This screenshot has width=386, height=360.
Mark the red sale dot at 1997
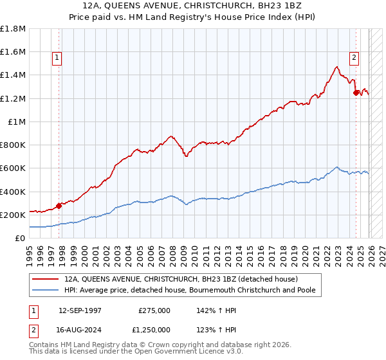(x=59, y=206)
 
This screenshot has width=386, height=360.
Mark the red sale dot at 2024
(x=356, y=93)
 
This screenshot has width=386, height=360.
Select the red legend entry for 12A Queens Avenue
(x=180, y=280)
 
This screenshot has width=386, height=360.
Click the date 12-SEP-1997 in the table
(x=80, y=310)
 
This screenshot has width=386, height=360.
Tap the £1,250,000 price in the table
(x=154, y=328)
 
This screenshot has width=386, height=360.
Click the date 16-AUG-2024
(x=80, y=328)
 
